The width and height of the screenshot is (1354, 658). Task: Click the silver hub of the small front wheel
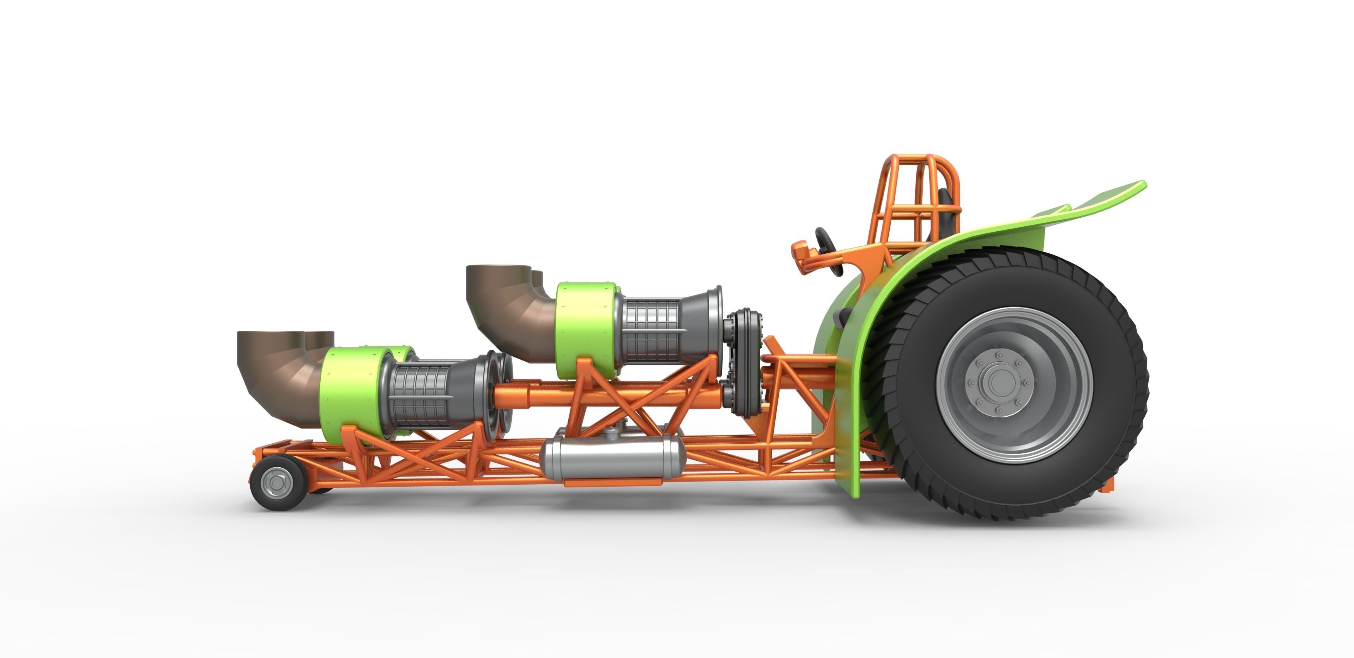pyautogui.click(x=274, y=482)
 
